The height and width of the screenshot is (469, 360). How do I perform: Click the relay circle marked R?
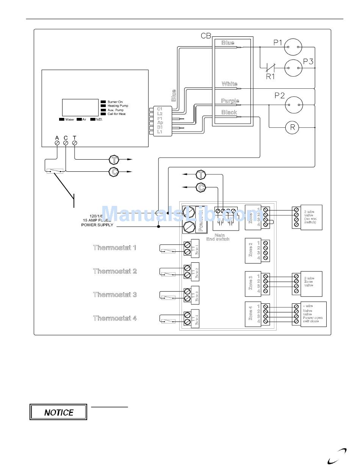click(292, 128)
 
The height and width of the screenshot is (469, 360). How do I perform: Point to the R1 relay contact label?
click(270, 77)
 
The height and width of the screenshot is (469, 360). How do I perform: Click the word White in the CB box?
click(230, 84)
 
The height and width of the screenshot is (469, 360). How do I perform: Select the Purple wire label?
click(230, 101)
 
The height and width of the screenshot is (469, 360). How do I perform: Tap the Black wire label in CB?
click(229, 112)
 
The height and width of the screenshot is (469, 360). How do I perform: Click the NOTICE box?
click(58, 412)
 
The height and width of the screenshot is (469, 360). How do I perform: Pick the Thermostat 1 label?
click(115, 248)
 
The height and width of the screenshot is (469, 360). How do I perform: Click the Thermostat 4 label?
click(115, 318)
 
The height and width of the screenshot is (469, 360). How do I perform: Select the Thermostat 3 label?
click(115, 295)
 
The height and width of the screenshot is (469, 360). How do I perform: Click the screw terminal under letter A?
click(57, 143)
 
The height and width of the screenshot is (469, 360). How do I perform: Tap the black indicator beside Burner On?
click(103, 102)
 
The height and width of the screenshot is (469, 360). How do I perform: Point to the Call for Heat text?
click(117, 114)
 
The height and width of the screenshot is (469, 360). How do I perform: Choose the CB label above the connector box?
click(206, 36)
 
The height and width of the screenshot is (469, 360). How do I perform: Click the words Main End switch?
click(218, 237)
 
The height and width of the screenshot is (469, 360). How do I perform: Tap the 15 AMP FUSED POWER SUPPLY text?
click(97, 222)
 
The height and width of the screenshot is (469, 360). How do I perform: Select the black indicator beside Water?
click(61, 119)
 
